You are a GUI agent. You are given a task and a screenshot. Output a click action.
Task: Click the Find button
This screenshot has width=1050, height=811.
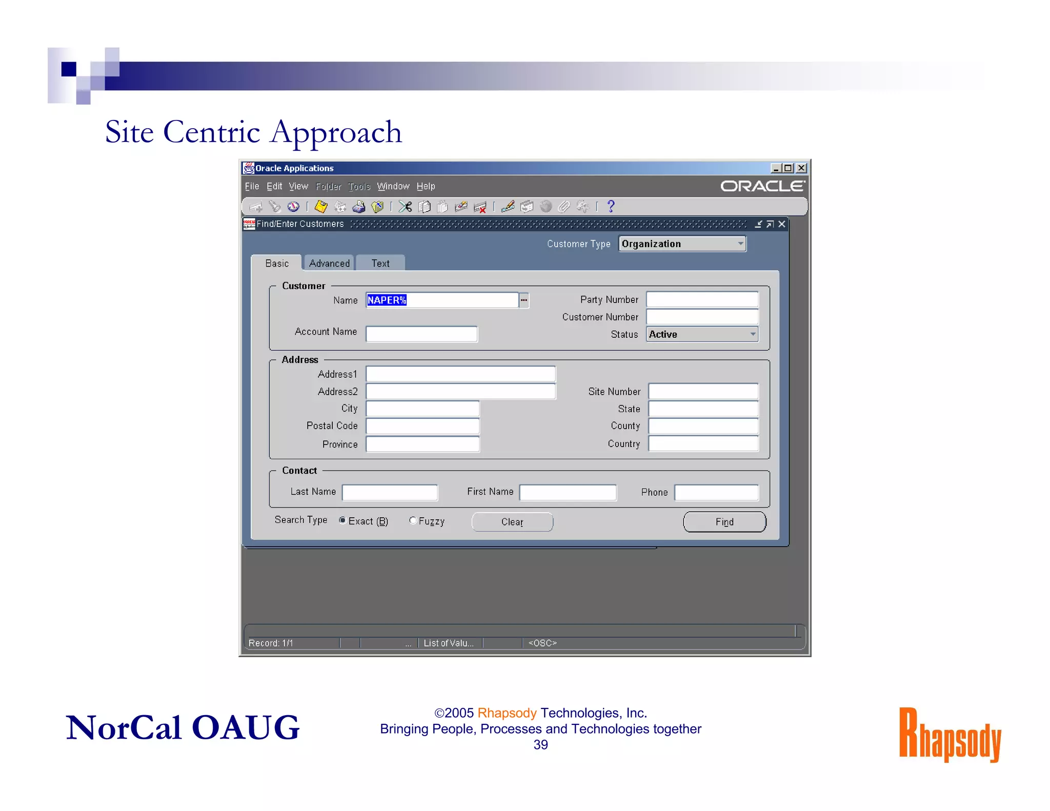(724, 522)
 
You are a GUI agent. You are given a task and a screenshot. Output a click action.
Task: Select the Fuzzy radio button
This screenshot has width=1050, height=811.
(413, 520)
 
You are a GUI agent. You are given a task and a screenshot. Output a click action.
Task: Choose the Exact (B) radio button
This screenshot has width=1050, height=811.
(342, 520)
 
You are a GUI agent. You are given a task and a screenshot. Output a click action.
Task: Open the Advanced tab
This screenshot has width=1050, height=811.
(329, 263)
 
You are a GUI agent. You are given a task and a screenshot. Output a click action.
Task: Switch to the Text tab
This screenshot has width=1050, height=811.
(380, 263)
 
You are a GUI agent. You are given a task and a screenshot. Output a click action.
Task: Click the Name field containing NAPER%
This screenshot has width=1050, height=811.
(441, 300)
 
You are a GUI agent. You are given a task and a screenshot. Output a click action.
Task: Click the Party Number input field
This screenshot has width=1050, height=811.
(702, 299)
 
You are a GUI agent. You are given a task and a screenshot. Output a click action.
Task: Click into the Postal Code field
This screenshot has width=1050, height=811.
(422, 426)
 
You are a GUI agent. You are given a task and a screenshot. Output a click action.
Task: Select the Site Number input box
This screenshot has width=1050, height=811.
(703, 392)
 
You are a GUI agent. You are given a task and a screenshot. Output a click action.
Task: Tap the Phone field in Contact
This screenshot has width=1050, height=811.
(716, 492)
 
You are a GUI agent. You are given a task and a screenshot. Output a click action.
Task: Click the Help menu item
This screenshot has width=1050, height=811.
(426, 186)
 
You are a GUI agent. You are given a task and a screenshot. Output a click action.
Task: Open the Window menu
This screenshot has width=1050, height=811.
(393, 186)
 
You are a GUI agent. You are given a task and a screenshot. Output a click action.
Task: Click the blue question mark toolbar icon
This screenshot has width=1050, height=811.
(611, 206)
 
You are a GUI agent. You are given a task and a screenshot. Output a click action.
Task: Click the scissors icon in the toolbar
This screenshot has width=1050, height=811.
(405, 207)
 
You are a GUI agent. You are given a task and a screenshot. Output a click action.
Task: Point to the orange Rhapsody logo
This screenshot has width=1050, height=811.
(950, 734)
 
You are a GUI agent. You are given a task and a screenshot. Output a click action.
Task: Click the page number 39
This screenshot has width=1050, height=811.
(540, 745)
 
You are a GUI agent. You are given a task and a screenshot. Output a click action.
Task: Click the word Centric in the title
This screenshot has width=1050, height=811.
(211, 132)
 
